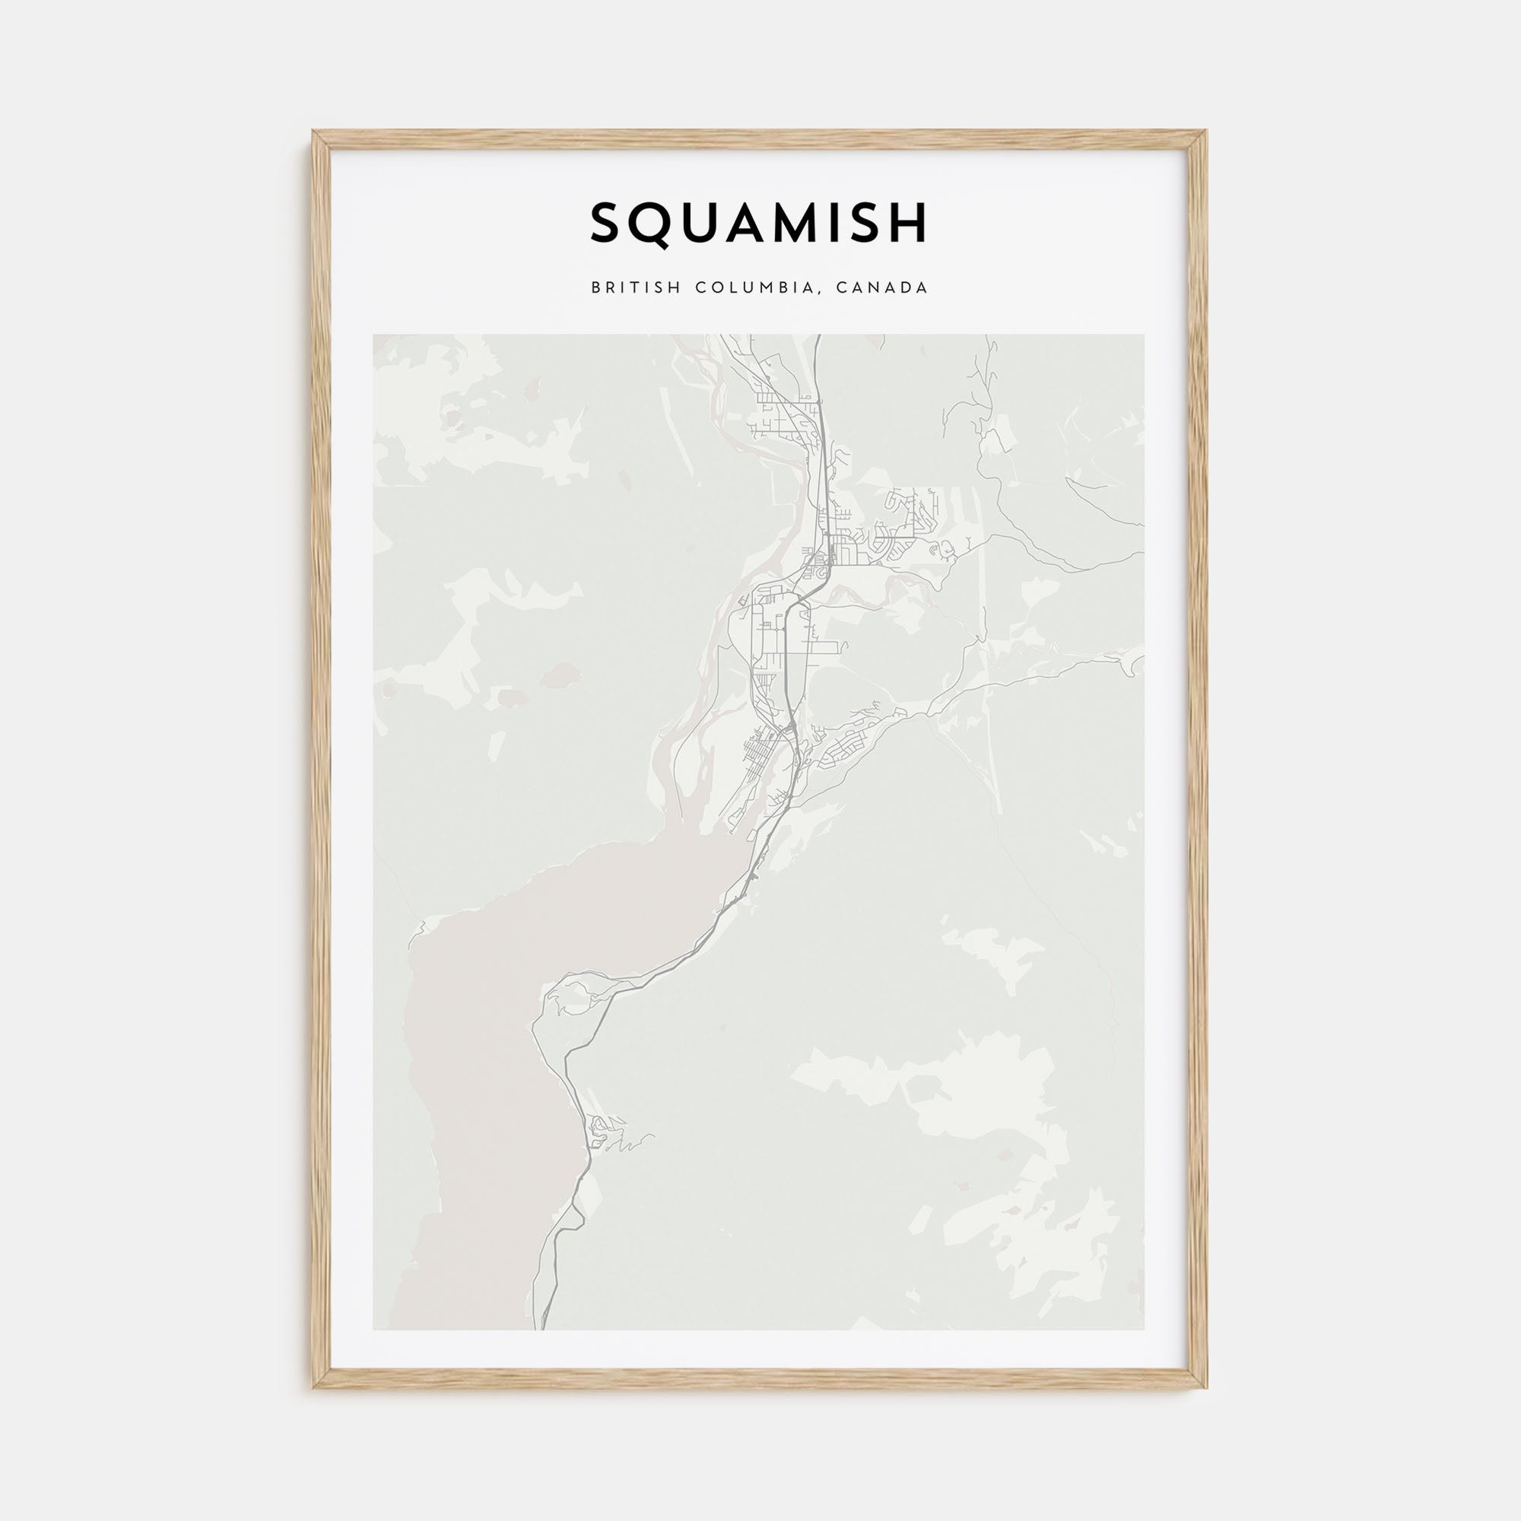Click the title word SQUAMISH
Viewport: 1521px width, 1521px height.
(759, 224)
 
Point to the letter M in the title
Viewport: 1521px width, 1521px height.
(796, 224)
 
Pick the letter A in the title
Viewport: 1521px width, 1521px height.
(745, 224)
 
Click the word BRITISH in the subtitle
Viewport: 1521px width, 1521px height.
(635, 287)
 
